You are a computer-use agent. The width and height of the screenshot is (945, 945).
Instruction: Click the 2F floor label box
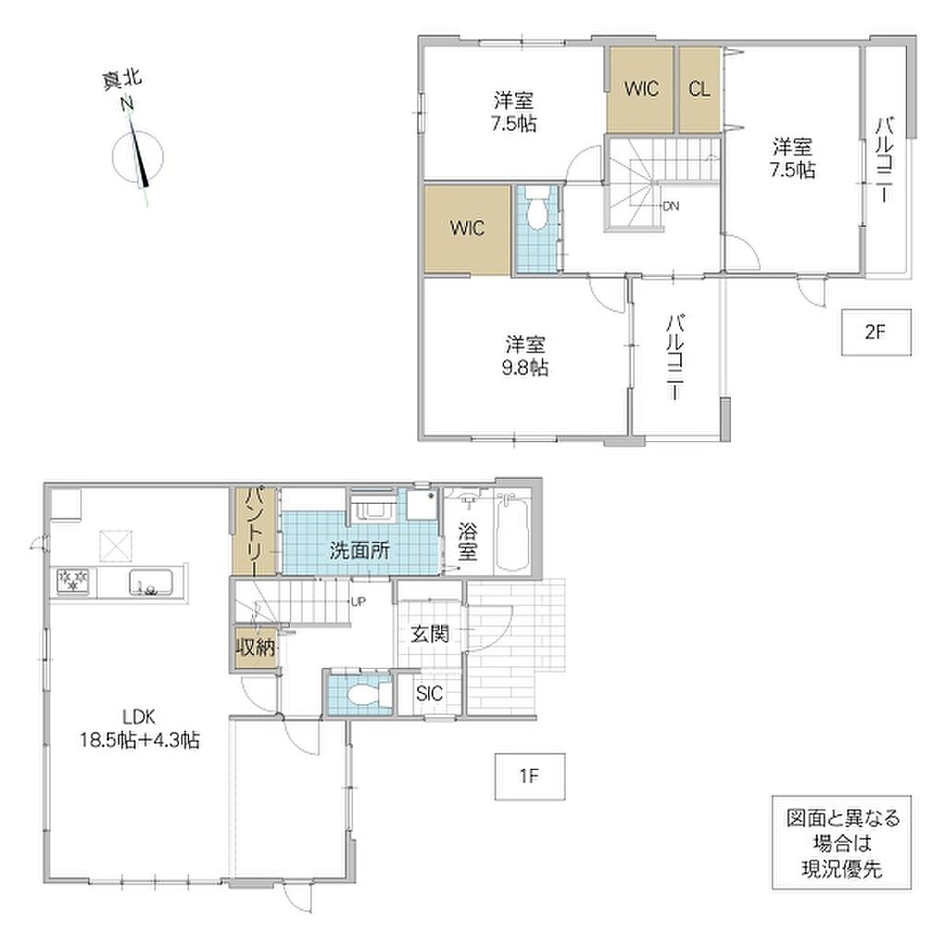pos(876,332)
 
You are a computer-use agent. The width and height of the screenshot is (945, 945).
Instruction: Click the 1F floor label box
pos(530,776)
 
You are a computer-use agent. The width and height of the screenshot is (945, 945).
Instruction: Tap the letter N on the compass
pos(126,104)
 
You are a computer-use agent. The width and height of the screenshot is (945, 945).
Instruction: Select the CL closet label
pos(700,90)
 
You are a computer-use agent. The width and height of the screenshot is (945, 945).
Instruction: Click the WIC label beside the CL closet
pos(641,90)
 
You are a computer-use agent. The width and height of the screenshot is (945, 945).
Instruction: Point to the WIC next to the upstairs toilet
pos(467,229)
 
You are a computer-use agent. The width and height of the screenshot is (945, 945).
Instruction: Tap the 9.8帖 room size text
pos(525,367)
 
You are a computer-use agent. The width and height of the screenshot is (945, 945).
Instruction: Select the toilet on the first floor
pos(367,696)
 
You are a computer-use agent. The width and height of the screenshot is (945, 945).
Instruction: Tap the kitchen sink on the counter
pos(150,583)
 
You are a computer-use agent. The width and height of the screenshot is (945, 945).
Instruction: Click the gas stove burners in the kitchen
pos(73,581)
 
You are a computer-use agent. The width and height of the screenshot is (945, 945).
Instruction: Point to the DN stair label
pos(671,206)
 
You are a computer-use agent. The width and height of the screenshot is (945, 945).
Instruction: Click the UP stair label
pos(358,602)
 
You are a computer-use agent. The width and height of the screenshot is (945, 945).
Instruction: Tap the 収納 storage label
pos(256,648)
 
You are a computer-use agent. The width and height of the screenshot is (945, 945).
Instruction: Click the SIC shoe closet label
pos(429,694)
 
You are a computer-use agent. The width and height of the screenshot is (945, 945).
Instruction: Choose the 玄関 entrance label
pos(430,634)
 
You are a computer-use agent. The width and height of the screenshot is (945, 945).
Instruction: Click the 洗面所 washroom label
pos(360,550)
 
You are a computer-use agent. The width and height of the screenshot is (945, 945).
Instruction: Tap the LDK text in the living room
pos(139,717)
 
